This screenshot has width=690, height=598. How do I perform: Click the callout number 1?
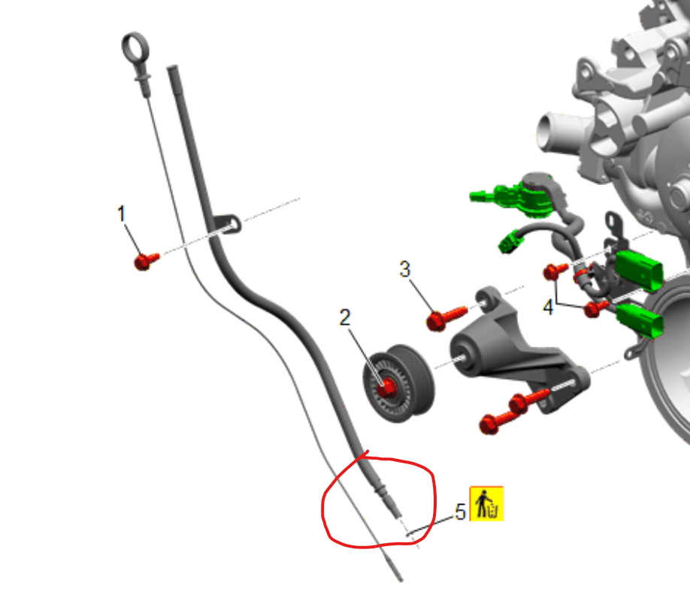point(122,214)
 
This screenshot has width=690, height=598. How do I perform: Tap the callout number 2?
point(345,317)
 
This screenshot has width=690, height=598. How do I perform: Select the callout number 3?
point(405,269)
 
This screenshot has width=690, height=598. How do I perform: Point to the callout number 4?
point(548,307)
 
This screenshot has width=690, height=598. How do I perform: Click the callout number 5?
point(460,512)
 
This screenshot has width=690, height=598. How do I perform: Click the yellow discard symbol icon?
point(487,504)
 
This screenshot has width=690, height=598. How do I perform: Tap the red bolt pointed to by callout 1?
point(146,261)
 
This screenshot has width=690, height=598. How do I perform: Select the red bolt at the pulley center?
point(386,387)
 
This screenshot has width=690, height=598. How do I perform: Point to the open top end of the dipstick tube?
point(172,68)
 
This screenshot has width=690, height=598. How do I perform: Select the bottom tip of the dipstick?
point(400,580)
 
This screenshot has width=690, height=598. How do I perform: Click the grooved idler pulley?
point(398,383)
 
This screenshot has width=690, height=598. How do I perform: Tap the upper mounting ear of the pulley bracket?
point(488,298)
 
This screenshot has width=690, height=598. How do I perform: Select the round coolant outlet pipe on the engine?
point(548,132)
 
